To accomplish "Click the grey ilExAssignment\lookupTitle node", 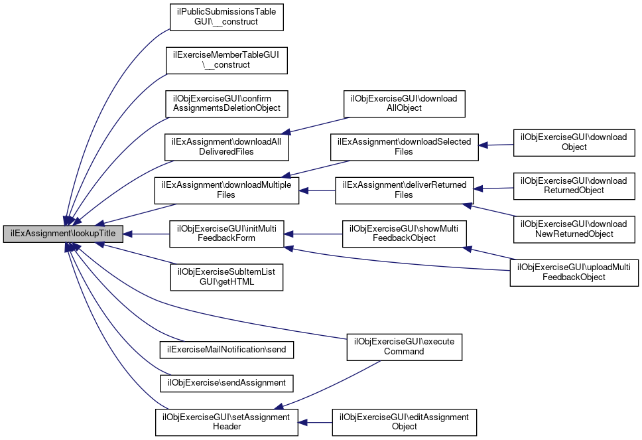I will click(63, 234).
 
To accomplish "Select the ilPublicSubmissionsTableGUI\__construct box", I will click(227, 17).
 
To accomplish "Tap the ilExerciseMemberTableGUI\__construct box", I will click(227, 60).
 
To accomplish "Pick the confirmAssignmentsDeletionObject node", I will click(227, 103).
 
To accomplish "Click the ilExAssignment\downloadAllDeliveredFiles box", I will click(227, 147).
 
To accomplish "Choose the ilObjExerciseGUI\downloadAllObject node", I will click(403, 103).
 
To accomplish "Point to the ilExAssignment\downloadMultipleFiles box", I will click(227, 190).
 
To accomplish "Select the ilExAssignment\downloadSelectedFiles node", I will click(405, 147).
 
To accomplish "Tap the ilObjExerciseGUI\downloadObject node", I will click(574, 142).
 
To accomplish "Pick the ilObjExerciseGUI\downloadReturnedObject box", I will click(574, 185).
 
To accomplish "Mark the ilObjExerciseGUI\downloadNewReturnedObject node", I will click(574, 228).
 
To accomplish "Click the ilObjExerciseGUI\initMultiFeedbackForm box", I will click(227, 234).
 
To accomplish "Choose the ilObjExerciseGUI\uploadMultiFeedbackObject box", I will click(574, 272).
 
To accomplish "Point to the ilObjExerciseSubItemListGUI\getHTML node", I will click(227, 277).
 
